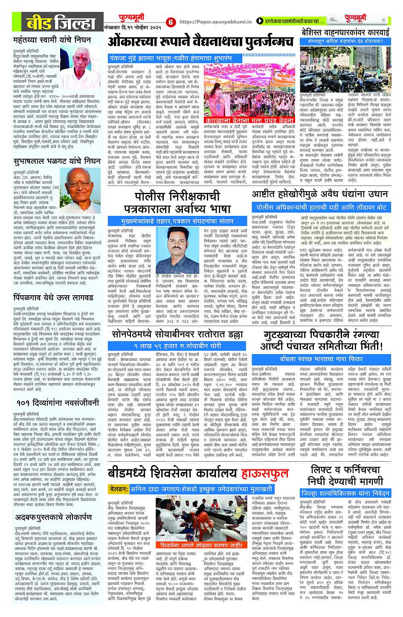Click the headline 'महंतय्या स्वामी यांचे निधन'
[52, 40]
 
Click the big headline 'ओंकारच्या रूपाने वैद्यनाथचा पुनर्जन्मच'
[200, 41]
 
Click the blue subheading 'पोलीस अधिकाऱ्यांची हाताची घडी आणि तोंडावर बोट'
[321, 207]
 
